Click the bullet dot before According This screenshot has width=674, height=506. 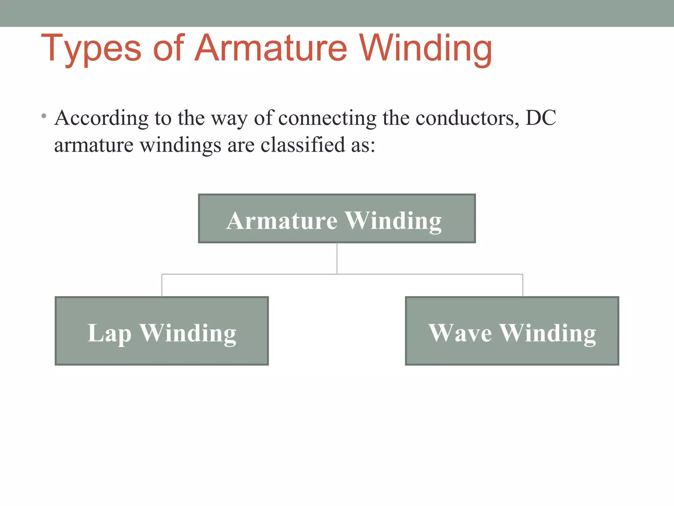[x=44, y=116]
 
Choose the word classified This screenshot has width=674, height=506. [x=302, y=145]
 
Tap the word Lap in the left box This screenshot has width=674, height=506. [x=109, y=333]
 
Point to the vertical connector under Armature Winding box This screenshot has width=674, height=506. [x=337, y=258]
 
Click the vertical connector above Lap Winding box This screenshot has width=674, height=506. [x=162, y=285]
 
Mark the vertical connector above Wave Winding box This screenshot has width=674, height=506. [x=523, y=285]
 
